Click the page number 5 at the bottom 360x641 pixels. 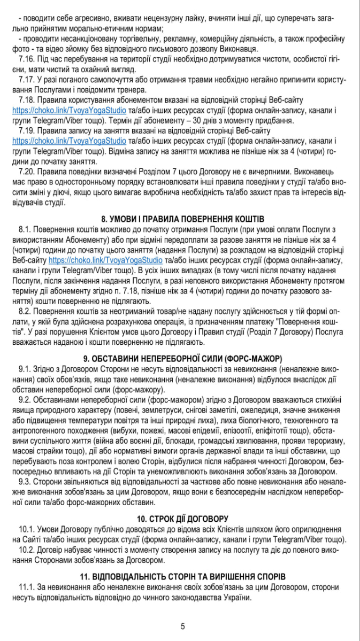pyautogui.click(x=182, y=626)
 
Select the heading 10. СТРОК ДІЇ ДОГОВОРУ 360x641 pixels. pyautogui.click(x=182, y=519)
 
